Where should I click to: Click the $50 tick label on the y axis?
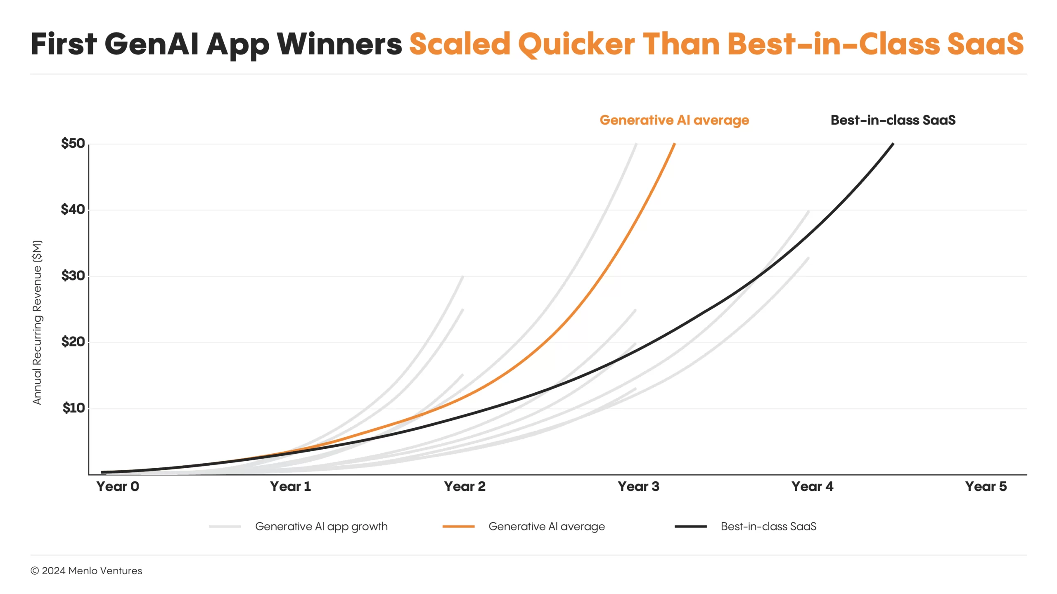pos(73,144)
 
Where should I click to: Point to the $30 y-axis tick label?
pos(73,276)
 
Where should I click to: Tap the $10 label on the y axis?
pos(73,408)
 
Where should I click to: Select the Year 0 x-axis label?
pos(118,487)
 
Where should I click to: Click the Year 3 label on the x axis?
pos(638,487)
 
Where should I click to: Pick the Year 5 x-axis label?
pos(986,487)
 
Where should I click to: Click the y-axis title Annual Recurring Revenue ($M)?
pos(37,323)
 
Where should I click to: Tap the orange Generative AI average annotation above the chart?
pos(674,120)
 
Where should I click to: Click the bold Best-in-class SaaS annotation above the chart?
pos(893,120)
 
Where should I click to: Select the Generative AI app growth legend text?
pos(321,527)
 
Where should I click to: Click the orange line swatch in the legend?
pos(458,526)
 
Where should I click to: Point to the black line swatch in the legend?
pos(691,526)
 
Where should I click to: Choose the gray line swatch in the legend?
pos(225,526)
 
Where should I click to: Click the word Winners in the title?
pos(339,44)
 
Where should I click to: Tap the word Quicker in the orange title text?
pos(576,45)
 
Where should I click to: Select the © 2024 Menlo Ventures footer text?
pos(86,571)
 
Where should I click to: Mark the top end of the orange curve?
pos(675,144)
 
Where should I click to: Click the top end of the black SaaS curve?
pos(893,144)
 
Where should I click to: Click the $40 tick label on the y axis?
pos(73,210)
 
